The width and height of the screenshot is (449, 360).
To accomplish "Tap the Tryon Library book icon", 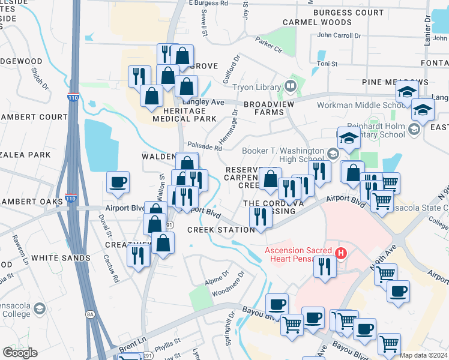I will pos(291,86).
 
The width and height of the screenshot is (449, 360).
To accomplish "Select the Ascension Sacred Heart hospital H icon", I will pos(341,253).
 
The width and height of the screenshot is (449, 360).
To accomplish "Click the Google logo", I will pos(20,353).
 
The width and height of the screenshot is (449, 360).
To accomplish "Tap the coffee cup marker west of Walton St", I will pos(118,182).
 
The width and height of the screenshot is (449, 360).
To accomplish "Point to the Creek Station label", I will pos(221,230).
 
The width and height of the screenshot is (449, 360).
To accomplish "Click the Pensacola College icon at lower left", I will pos(40,308).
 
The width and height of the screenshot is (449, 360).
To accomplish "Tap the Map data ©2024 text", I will pos(423,355).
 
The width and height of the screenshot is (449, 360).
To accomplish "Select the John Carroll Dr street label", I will pos(339,35).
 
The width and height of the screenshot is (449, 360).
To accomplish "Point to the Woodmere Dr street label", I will pos(229,284).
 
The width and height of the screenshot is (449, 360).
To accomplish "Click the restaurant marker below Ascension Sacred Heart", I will pos(325,266).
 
